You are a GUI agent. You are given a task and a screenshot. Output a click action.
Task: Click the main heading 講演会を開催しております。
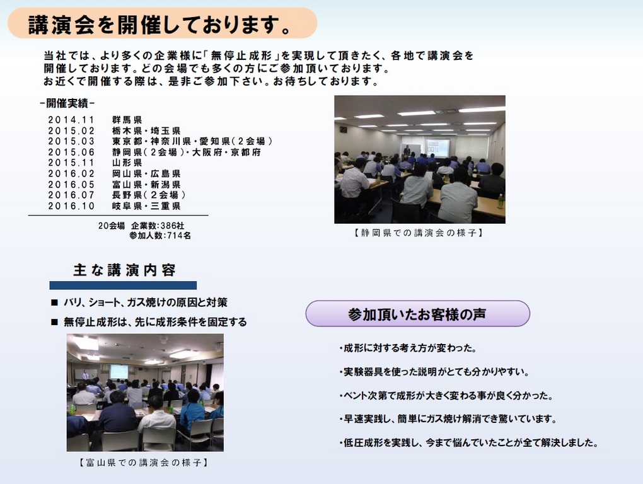click(x=160, y=25)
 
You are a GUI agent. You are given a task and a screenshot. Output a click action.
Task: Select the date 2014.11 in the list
click(x=71, y=120)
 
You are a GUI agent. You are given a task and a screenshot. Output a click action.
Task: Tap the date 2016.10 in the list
click(x=71, y=205)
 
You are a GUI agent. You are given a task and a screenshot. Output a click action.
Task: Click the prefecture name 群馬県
click(x=127, y=120)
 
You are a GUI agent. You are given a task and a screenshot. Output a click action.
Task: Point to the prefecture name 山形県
click(x=127, y=163)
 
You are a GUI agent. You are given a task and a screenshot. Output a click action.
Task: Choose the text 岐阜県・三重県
click(x=146, y=205)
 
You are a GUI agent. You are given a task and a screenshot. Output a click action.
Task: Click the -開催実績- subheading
click(x=67, y=103)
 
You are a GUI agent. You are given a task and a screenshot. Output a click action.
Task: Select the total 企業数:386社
click(x=158, y=226)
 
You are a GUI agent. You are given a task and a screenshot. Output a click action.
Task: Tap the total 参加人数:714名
click(x=160, y=236)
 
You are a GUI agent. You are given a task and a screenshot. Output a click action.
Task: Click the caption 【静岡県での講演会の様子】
click(x=419, y=233)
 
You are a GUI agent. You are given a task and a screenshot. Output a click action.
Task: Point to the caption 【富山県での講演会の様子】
click(x=144, y=463)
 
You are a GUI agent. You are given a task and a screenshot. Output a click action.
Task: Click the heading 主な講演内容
click(x=125, y=270)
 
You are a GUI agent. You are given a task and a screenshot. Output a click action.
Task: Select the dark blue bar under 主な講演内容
click(x=123, y=285)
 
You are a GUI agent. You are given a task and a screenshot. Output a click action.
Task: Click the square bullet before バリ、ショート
click(x=55, y=302)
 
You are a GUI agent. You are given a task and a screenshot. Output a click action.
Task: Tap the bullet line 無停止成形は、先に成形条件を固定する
click(x=155, y=322)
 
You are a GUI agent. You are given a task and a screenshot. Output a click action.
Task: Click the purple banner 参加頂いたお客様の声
click(x=418, y=313)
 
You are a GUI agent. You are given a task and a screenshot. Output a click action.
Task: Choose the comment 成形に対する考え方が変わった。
click(x=408, y=349)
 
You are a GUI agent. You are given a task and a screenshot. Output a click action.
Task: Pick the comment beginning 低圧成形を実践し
click(x=469, y=442)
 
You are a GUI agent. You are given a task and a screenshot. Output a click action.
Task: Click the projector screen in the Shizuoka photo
click(x=437, y=147)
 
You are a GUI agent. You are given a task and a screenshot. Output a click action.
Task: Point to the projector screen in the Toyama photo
click(x=119, y=372)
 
